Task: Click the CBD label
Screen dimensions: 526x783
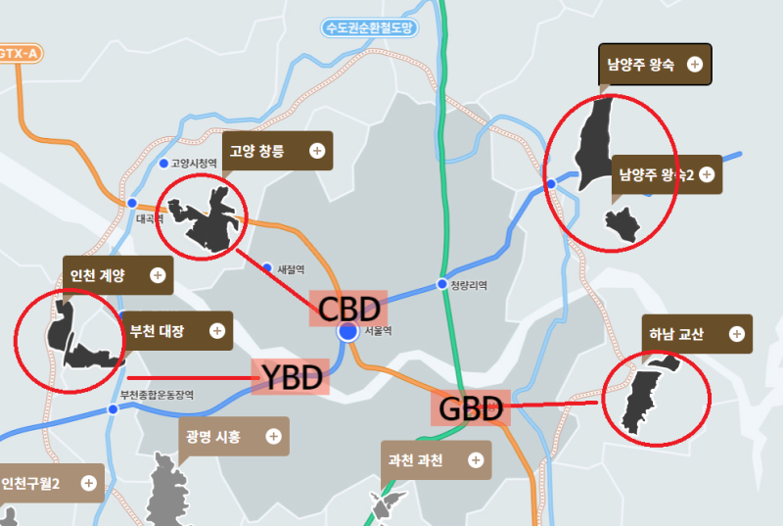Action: coord(348,309)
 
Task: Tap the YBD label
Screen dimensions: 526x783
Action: coord(289,377)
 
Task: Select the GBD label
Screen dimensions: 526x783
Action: coord(471,407)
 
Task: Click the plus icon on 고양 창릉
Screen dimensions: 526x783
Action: coord(317,151)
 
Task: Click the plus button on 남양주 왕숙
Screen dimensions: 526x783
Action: coord(695,65)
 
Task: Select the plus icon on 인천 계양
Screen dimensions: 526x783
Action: coord(158,275)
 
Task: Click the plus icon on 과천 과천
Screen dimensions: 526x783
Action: coord(476,459)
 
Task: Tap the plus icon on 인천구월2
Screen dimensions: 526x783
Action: coord(89,483)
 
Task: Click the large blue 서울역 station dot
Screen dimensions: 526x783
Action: coord(347,333)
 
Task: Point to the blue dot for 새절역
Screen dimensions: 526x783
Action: coord(267,266)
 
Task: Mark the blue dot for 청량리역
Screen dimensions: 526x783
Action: coord(439,285)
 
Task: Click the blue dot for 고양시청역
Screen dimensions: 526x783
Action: coord(163,163)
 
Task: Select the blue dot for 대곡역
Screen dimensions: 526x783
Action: coord(132,203)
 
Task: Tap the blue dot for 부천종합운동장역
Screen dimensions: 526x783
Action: coord(114,409)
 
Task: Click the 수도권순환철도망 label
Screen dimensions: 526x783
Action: coord(372,28)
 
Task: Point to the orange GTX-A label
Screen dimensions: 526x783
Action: coord(20,52)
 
